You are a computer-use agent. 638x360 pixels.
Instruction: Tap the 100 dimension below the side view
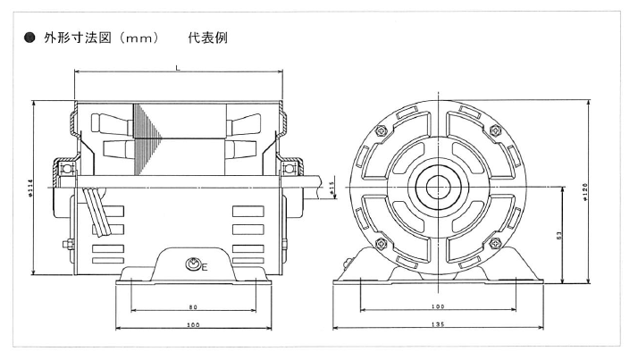pyautogui.click(x=193, y=325)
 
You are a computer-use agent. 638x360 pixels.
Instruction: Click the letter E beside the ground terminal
pyautogui.click(x=205, y=266)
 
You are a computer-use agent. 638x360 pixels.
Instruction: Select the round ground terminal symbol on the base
pyautogui.click(x=190, y=264)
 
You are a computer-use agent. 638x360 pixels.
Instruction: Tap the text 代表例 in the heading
pyautogui.click(x=207, y=40)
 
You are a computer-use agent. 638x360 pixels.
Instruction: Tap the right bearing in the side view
pyautogui.click(x=290, y=167)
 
